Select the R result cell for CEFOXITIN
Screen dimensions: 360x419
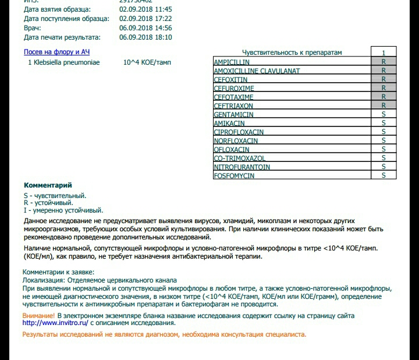pyautogui.click(x=384, y=79)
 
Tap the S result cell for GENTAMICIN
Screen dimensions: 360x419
pyautogui.click(x=384, y=114)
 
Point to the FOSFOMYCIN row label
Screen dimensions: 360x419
pyautogui.click(x=234, y=176)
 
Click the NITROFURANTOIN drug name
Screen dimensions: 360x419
pyautogui.click(x=242, y=167)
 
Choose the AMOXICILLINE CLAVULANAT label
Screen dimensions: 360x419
pyautogui.click(x=257, y=71)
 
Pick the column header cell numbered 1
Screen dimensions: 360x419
pyautogui.click(x=384, y=52)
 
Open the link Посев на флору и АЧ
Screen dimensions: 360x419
pyautogui.click(x=56, y=52)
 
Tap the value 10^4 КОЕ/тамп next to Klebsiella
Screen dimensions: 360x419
pyautogui.click(x=147, y=62)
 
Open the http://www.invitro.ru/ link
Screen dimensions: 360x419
pyautogui.click(x=55, y=323)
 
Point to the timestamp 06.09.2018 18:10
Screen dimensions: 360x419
pyautogui.click(x=145, y=37)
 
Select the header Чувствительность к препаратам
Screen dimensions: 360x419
pyautogui.click(x=292, y=52)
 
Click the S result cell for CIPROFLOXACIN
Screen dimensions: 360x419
pyautogui.click(x=384, y=132)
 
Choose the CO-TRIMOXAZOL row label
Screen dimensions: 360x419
pyautogui.click(x=239, y=158)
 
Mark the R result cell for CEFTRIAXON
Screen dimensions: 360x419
pyautogui.click(x=384, y=105)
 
